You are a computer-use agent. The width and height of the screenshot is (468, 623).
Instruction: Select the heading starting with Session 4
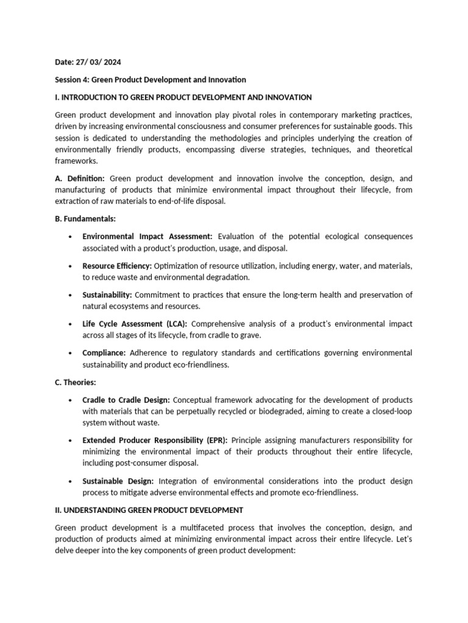[151, 80]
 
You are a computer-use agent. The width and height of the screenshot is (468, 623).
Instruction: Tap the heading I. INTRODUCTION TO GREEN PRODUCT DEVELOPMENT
[183, 97]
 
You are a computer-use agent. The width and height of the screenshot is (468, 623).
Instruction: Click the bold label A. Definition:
[80, 179]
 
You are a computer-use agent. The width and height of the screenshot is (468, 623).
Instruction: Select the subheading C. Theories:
[76, 383]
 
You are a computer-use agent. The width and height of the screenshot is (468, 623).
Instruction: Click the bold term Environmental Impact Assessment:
[147, 236]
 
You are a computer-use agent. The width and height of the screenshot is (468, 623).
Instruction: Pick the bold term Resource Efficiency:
[118, 266]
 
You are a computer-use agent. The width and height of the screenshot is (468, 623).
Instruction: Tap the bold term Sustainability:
[107, 295]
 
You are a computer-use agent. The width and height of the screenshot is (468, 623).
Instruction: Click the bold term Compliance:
[104, 353]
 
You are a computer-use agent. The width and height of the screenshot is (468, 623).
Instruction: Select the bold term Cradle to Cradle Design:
[127, 400]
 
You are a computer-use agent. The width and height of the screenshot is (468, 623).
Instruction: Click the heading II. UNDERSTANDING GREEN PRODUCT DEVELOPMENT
[149, 510]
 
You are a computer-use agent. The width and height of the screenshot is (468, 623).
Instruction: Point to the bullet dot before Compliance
[71, 353]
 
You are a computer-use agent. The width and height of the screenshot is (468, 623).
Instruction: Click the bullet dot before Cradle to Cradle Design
[71, 400]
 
